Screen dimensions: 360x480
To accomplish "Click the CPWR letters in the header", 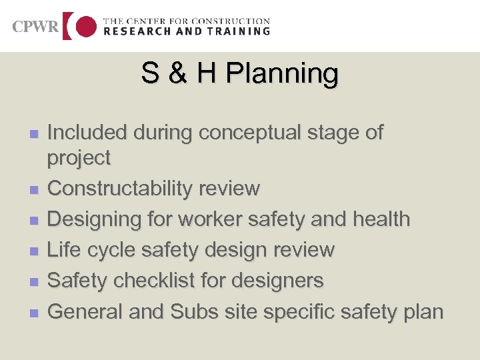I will [35, 27].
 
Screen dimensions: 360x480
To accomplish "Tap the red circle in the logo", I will [85, 26].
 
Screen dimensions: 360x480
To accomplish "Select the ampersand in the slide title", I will [177, 74].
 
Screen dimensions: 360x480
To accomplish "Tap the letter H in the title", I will [207, 74].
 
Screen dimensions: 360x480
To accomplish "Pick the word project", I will [79, 159].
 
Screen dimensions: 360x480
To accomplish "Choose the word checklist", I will [152, 281].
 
